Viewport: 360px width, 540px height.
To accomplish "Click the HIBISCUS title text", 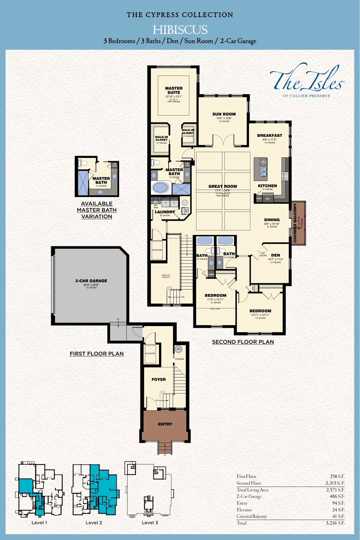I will click(x=180, y=30).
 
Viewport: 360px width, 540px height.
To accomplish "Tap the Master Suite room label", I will click(x=174, y=90).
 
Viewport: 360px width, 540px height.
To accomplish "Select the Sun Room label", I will click(x=224, y=114).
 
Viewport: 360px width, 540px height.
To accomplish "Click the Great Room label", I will click(x=223, y=186).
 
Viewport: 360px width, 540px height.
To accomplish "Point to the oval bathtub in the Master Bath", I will click(x=160, y=188).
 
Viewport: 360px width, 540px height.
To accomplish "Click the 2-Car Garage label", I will click(x=91, y=281).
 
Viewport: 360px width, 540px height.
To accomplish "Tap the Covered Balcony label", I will click(x=295, y=223).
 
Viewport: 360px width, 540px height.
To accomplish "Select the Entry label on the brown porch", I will click(x=165, y=424).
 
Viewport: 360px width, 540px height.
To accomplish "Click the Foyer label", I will click(x=159, y=379).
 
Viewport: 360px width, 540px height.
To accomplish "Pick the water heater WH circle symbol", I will click(x=178, y=349).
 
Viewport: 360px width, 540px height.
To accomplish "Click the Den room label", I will click(x=275, y=255).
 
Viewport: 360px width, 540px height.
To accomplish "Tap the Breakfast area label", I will click(x=269, y=136).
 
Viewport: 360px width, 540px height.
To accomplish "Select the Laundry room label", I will click(x=165, y=212).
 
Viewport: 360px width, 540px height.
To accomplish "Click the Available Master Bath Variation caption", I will click(x=97, y=210).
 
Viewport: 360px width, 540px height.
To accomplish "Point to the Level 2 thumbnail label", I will click(x=94, y=523).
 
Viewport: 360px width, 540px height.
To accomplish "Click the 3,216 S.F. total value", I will click(x=335, y=523).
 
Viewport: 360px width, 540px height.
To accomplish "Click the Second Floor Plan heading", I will click(x=243, y=342).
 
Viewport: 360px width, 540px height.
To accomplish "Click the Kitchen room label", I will click(x=267, y=186).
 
